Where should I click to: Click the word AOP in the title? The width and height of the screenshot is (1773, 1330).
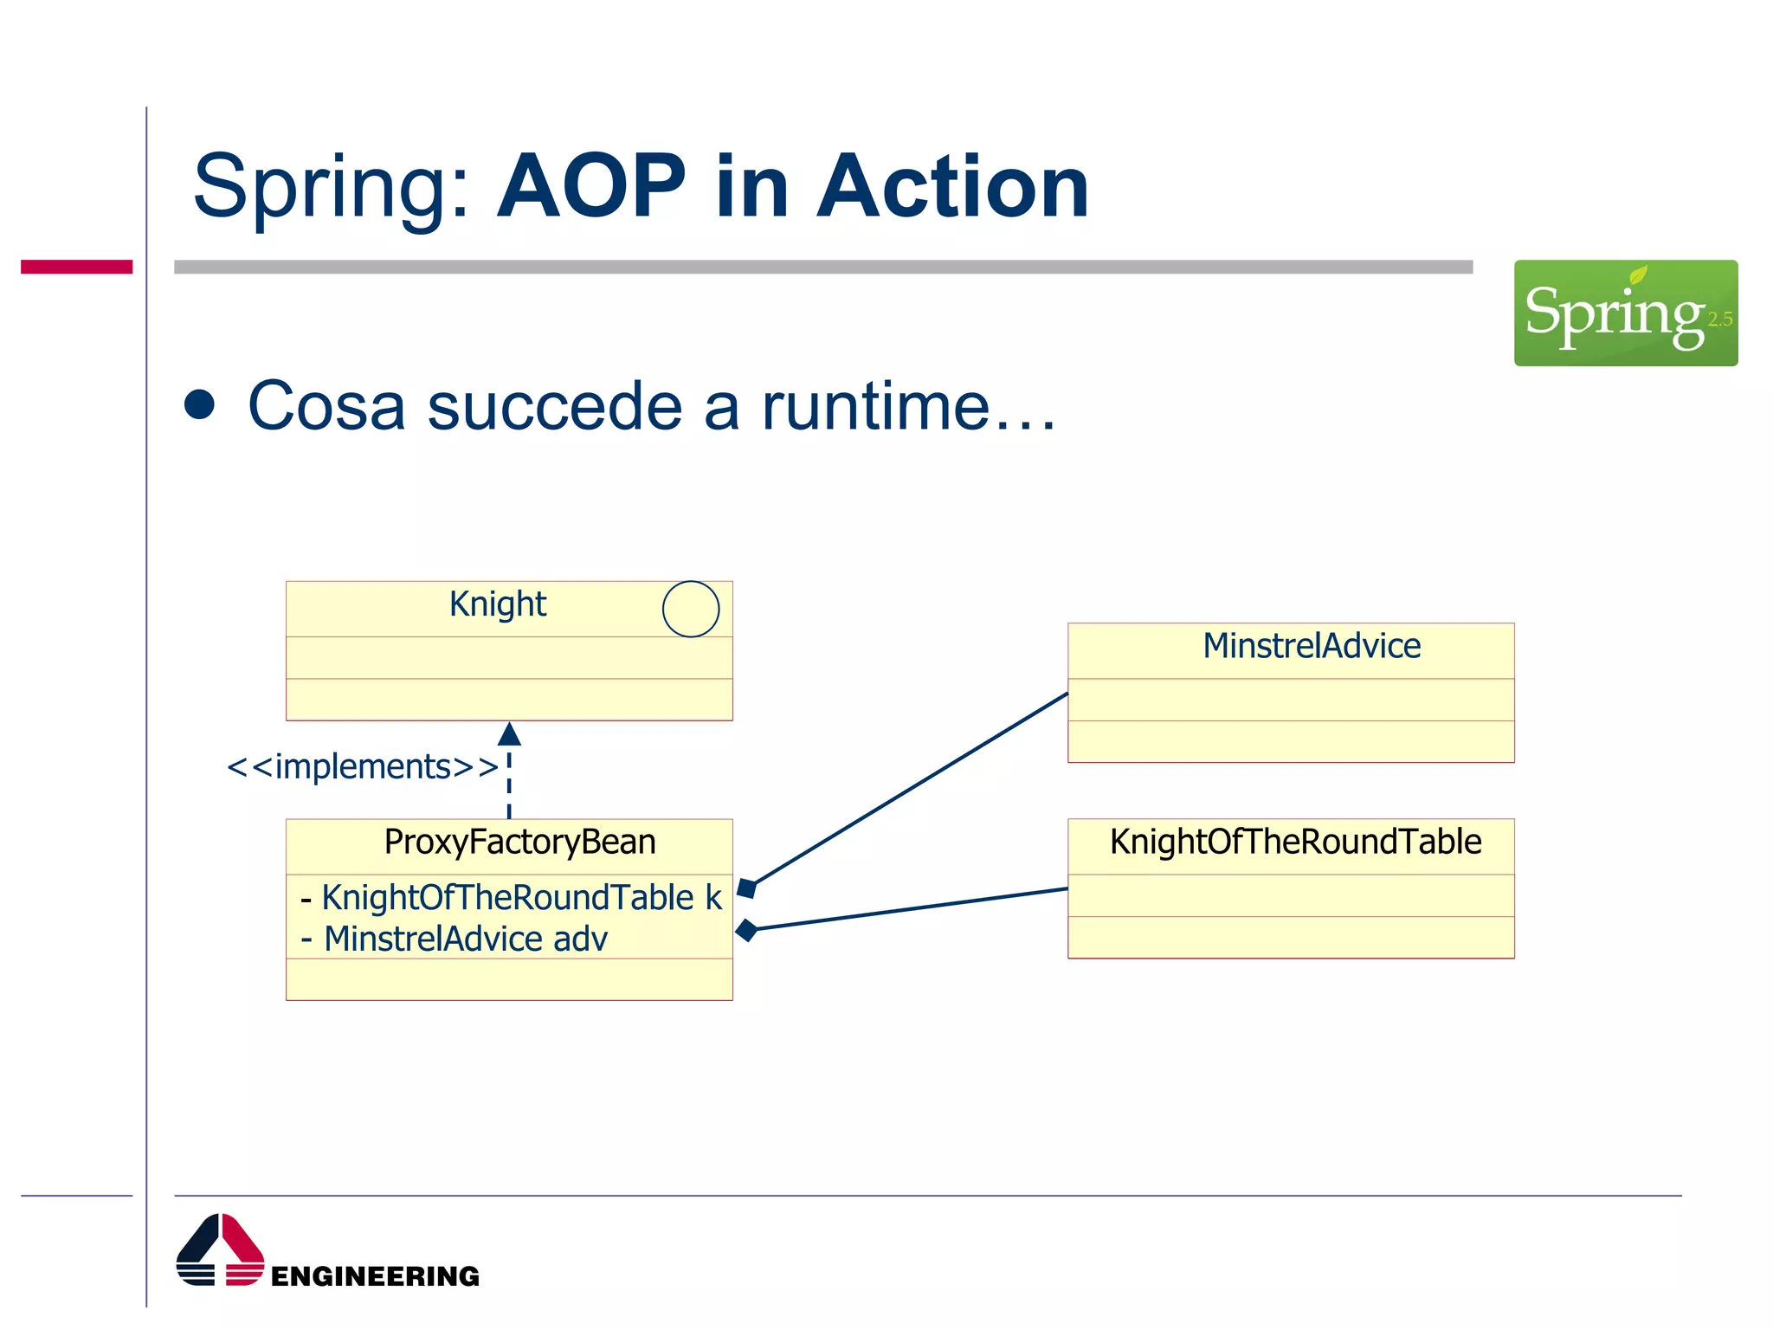pyautogui.click(x=590, y=186)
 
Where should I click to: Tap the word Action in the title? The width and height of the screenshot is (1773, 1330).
pyautogui.click(x=952, y=186)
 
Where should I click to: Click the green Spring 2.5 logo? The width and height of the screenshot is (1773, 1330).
pyautogui.click(x=1625, y=313)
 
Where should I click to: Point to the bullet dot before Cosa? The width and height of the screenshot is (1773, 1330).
pyautogui.click(x=200, y=405)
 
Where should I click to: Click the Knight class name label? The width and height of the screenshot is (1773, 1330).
pyautogui.click(x=497, y=604)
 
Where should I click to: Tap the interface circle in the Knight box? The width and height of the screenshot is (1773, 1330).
pyautogui.click(x=690, y=609)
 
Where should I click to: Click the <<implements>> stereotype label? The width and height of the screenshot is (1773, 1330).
pyautogui.click(x=362, y=767)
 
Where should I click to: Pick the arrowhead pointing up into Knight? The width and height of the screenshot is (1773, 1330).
pyautogui.click(x=509, y=734)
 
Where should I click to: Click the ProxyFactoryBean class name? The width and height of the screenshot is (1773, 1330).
pyautogui.click(x=519, y=843)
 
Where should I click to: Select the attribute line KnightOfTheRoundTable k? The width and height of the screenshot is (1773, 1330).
pyautogui.click(x=511, y=898)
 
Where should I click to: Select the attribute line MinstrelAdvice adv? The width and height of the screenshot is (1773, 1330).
pyautogui.click(x=455, y=939)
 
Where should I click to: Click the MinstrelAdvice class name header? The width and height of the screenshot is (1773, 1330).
pyautogui.click(x=1311, y=647)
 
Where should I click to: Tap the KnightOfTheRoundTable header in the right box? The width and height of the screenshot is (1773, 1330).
pyautogui.click(x=1295, y=843)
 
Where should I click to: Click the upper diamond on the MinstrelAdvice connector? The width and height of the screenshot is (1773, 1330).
pyautogui.click(x=747, y=888)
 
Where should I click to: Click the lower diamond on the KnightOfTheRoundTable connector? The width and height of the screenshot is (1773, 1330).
pyautogui.click(x=746, y=931)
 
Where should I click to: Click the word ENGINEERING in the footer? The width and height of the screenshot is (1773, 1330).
pyautogui.click(x=375, y=1276)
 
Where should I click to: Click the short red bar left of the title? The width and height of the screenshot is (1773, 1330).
pyautogui.click(x=76, y=267)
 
